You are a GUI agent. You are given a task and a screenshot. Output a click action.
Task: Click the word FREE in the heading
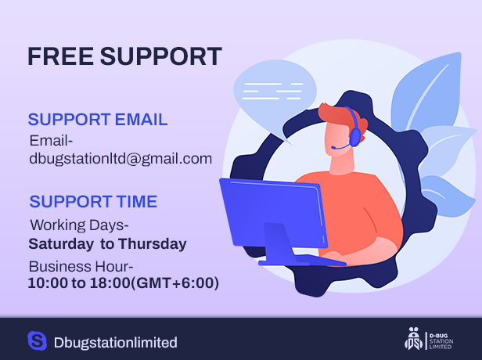[x=60, y=56]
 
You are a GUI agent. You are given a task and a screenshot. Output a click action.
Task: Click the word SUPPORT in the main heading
[x=160, y=56]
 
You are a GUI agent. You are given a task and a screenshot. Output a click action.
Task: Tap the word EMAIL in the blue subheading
[x=142, y=120]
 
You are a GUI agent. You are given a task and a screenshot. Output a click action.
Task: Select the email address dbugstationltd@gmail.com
[x=120, y=159]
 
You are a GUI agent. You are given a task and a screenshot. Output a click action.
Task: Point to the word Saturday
[x=61, y=244]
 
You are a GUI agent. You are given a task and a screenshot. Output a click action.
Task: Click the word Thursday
[x=153, y=243]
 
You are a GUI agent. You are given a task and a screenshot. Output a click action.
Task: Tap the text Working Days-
[x=79, y=225]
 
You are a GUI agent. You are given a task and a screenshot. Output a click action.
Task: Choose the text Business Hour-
[x=81, y=267]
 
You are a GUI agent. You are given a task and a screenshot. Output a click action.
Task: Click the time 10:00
[x=48, y=283]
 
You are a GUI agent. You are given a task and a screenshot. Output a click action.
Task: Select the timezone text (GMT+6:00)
[x=175, y=283]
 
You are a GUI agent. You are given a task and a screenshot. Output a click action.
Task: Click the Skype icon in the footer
[x=38, y=340]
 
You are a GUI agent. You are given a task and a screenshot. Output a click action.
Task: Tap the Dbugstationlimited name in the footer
[x=116, y=343]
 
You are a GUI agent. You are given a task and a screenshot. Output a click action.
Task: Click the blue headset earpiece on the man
[x=355, y=137]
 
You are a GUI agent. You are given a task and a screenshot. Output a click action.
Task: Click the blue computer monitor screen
[x=273, y=213]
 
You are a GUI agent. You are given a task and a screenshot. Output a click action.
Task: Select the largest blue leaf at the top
[x=427, y=93]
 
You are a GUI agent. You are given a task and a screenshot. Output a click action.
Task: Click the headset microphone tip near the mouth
[x=333, y=148]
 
